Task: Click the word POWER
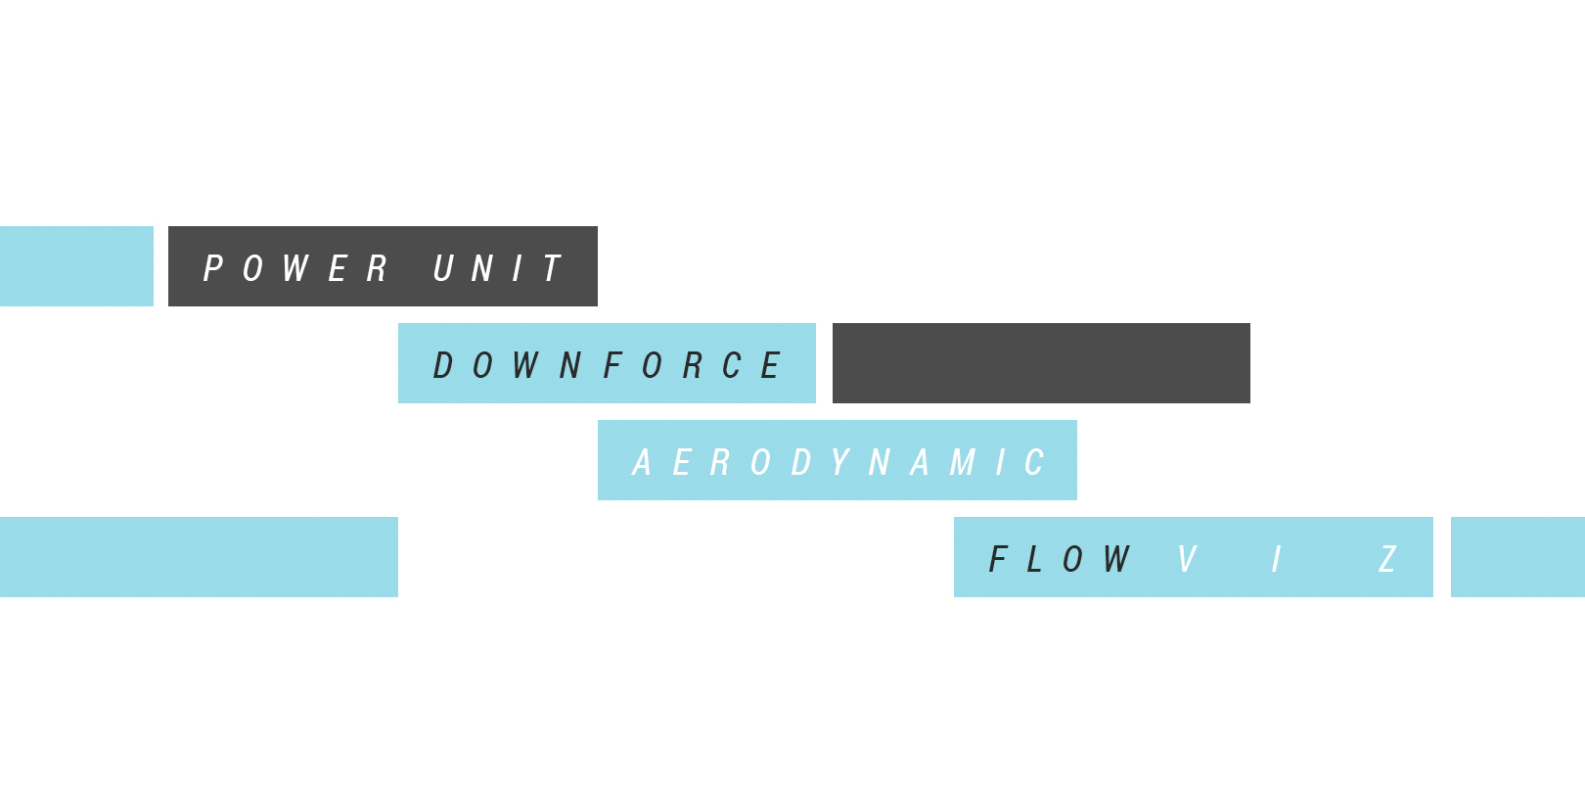pos(295,268)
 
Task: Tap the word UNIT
pos(497,268)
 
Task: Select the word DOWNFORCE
pos(607,365)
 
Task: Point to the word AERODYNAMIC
pos(838,462)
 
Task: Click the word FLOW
pos(1060,559)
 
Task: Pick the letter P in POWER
pos(213,268)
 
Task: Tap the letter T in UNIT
pos(553,268)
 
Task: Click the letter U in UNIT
pos(444,268)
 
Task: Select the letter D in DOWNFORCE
pos(443,365)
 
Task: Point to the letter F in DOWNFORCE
pos(613,365)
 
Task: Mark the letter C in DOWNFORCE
pos(732,365)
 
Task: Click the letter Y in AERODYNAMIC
pos(839,462)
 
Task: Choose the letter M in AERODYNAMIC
pos(963,462)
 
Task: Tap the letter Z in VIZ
pos(1387,559)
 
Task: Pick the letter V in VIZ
pos(1187,559)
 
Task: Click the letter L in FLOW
pos(1034,559)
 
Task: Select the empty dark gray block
pos(1041,363)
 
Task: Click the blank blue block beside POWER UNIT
pos(76,266)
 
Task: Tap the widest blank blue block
pos(199,557)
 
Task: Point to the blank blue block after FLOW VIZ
pos(1517,557)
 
